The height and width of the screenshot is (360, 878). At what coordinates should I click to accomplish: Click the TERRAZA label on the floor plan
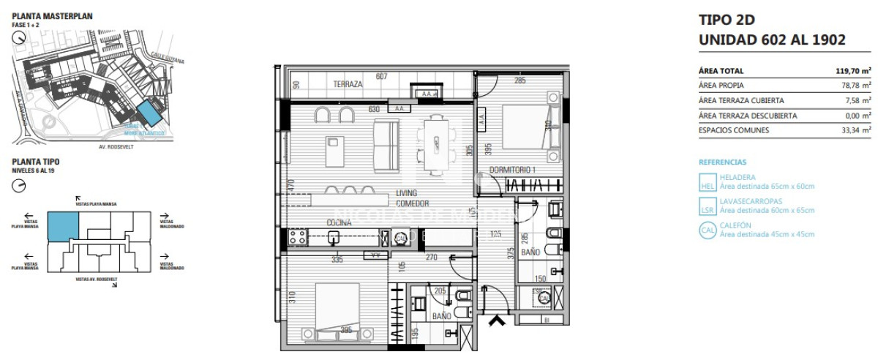348,84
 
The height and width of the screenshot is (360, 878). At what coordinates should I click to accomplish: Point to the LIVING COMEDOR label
412,198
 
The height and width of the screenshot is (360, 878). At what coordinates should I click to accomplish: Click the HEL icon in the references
708,182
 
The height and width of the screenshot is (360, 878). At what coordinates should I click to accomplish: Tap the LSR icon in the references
708,206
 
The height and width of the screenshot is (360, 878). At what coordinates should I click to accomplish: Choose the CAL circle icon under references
708,230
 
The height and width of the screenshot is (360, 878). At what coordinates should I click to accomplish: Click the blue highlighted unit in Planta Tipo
63,225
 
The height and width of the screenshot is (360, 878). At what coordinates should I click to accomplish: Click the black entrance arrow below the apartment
498,320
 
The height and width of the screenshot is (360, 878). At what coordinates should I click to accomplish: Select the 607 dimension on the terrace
381,76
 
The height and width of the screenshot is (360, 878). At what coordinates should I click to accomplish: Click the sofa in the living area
386,145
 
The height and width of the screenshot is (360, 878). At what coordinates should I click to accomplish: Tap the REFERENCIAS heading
722,162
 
